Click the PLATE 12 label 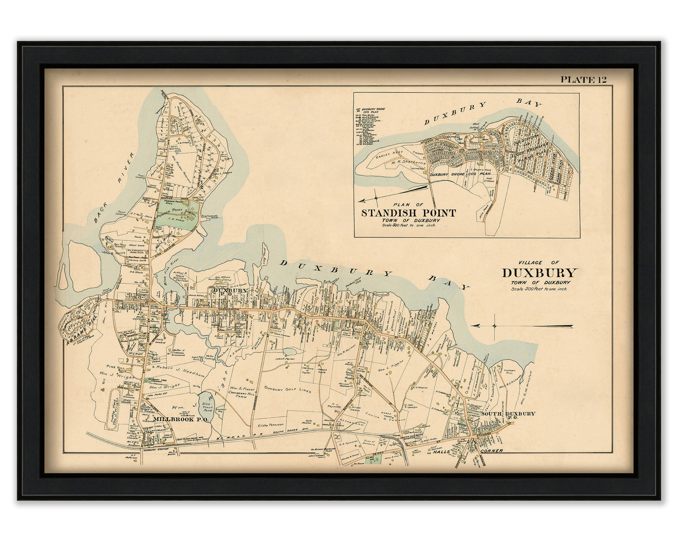coord(583,80)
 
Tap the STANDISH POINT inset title coord(408,213)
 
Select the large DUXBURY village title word coord(539,273)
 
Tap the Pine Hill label coord(112,367)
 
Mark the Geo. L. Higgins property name coord(391,363)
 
